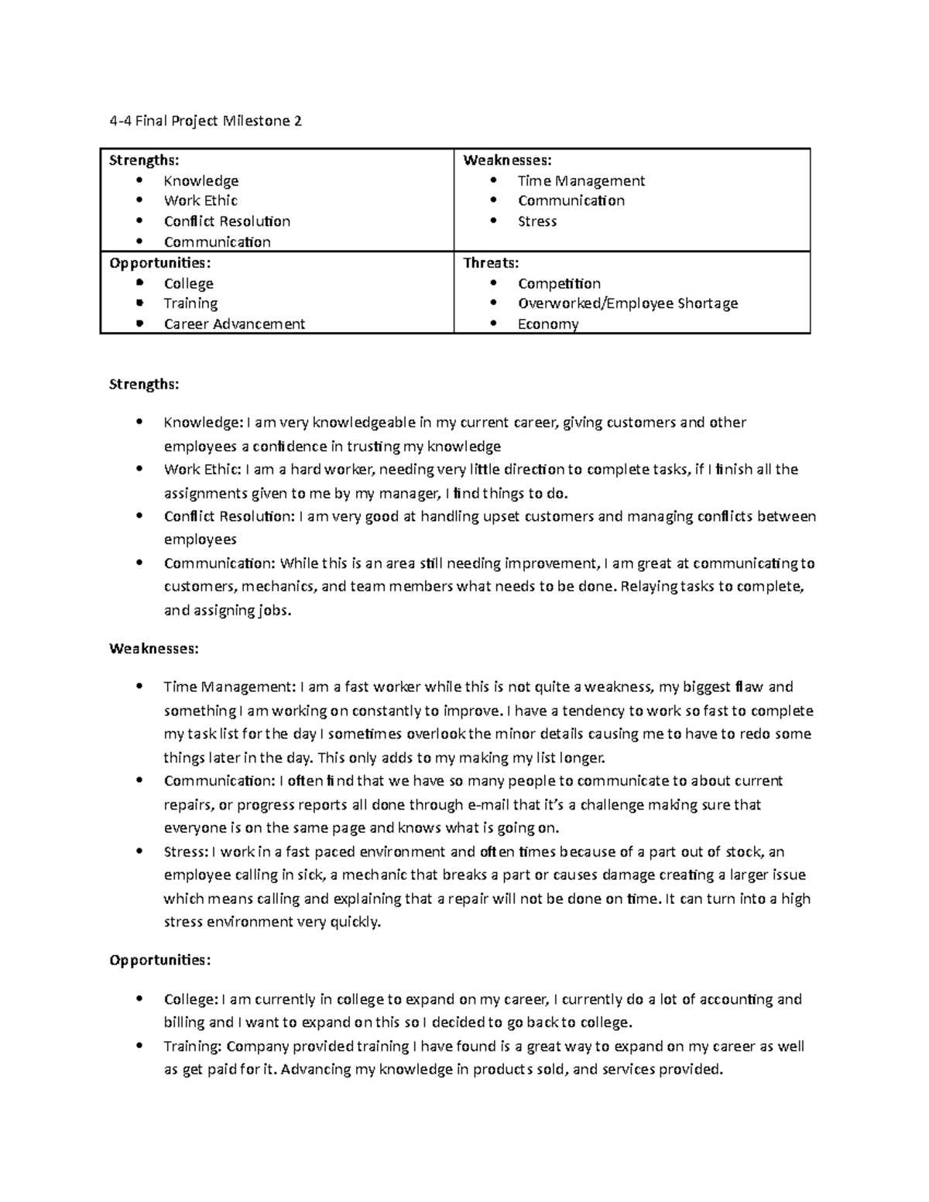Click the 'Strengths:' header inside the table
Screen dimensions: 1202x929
click(x=144, y=160)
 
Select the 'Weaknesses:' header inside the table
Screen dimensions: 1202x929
click(x=507, y=160)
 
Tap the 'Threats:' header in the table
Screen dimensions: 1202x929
click(x=491, y=263)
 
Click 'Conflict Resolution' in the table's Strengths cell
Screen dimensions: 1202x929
click(x=227, y=221)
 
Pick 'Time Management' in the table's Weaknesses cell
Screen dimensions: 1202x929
click(x=581, y=181)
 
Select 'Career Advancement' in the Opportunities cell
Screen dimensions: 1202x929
click(x=234, y=324)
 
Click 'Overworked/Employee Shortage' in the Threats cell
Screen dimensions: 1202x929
click(x=627, y=303)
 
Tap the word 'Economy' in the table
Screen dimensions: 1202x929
click(x=547, y=324)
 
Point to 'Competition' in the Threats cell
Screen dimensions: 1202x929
click(x=559, y=283)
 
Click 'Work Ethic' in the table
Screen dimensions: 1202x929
click(x=201, y=200)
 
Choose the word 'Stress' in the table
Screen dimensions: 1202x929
click(x=537, y=221)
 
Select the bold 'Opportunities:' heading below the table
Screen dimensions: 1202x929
click(x=159, y=961)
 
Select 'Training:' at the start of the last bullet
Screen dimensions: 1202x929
click(x=194, y=1046)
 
